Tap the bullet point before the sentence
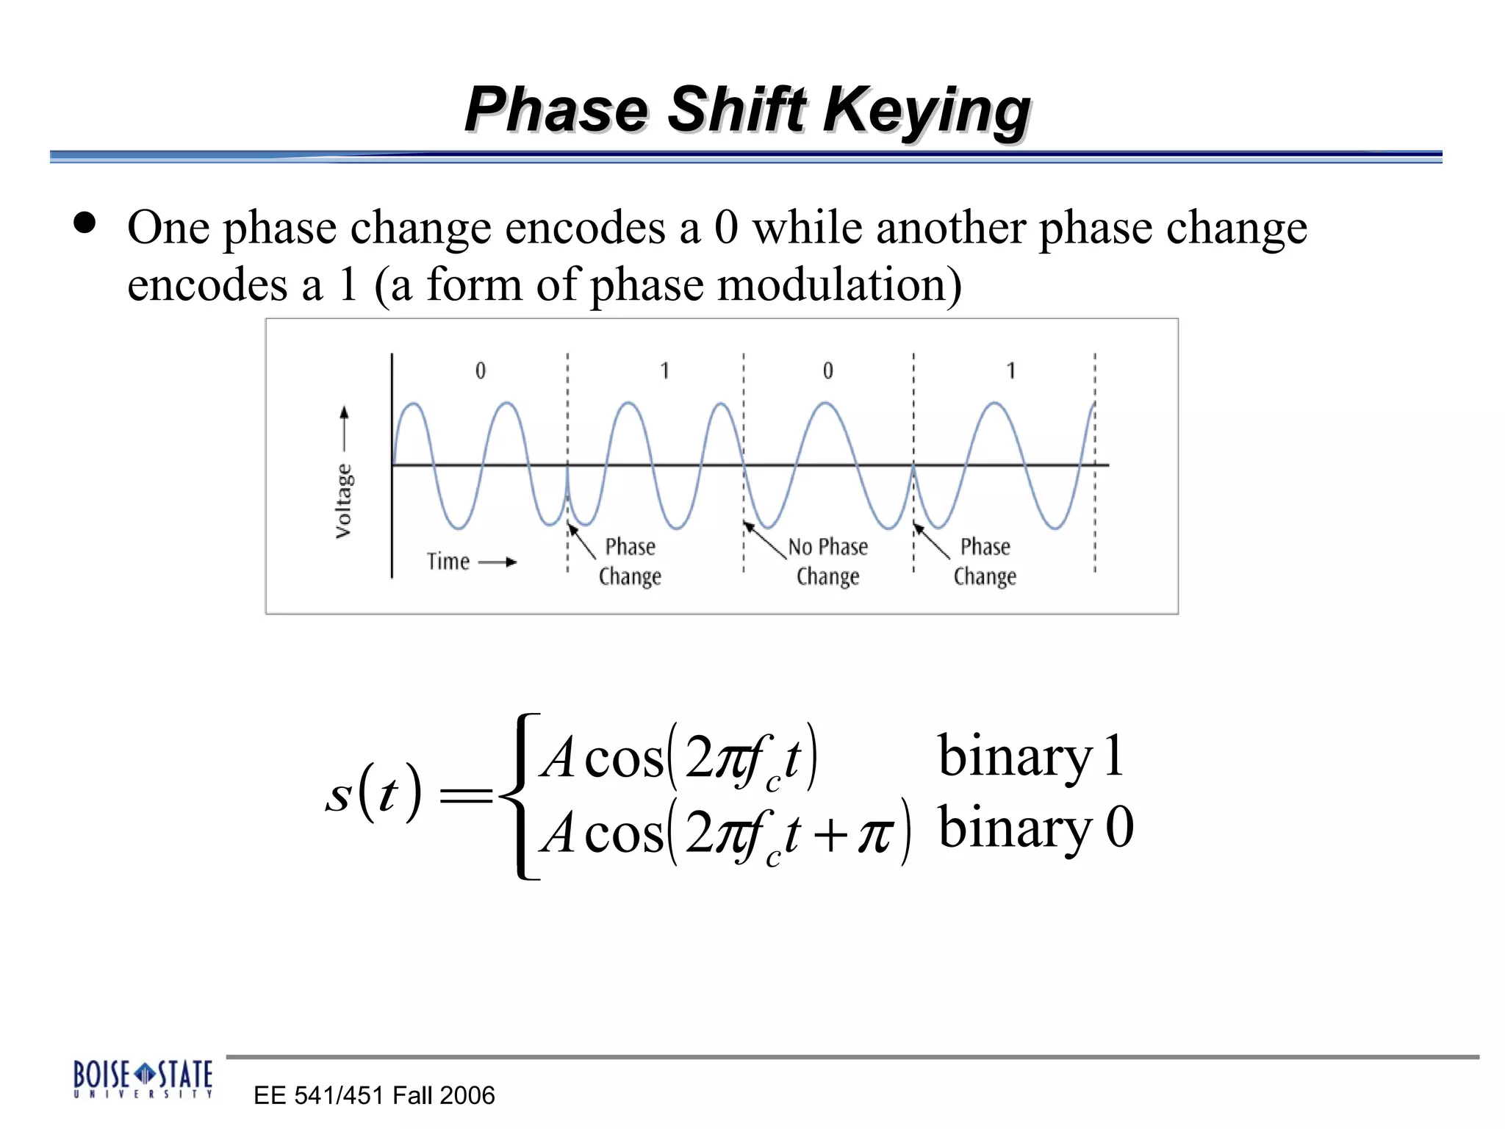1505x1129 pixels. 85,223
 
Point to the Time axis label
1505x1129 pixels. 448,562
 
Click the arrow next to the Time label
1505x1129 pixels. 498,562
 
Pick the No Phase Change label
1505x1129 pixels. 828,561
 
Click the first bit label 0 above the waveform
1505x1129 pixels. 481,370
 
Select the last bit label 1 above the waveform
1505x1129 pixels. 1011,370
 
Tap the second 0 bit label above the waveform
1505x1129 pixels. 828,370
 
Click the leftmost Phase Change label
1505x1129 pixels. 630,561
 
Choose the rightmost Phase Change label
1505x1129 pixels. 985,561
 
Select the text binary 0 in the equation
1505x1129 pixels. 1035,828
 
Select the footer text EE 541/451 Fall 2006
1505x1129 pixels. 374,1095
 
